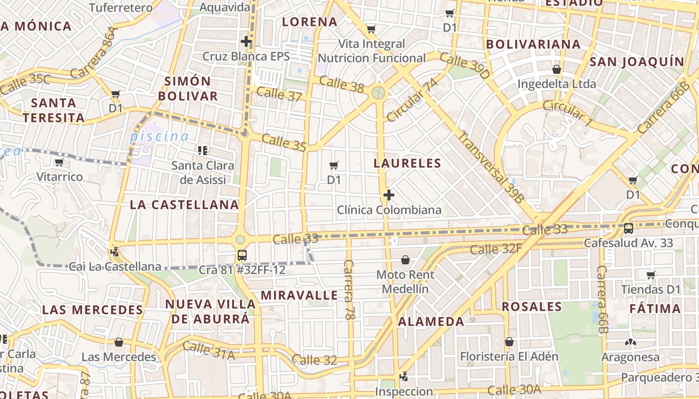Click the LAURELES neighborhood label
coord(407,163)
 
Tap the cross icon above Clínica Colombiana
coord(389,195)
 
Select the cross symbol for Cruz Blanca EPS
coord(246,41)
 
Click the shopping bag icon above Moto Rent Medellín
coord(405,260)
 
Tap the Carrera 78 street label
coord(349,289)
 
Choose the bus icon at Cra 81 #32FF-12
coord(242,255)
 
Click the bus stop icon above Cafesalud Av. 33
coord(629,228)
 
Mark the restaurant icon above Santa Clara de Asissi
coord(202,150)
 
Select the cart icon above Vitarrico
coord(59,162)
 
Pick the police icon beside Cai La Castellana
coord(115,252)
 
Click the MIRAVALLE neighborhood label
coord(300,295)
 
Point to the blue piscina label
coord(160,136)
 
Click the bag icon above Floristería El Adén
coord(509,342)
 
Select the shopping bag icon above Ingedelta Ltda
coord(557,69)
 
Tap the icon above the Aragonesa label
coord(630,342)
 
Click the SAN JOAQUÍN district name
coord(637,62)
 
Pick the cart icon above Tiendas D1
coord(651,275)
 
